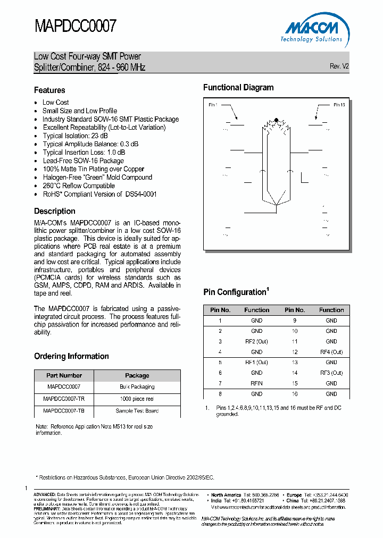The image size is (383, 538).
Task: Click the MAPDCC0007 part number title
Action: pos(75,26)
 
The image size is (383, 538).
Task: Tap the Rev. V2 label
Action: pos(339,66)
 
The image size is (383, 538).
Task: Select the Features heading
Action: pos(49,90)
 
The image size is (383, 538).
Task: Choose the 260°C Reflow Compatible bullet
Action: pos(79,186)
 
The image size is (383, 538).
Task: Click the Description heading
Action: pos(55,211)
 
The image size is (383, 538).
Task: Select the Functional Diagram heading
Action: pos(238,88)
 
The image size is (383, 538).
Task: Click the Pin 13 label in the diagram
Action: pos(339,105)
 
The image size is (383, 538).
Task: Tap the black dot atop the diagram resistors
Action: pos(276,120)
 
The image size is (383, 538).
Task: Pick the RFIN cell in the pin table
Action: pos(256,383)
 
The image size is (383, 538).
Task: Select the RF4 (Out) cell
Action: pos(331,352)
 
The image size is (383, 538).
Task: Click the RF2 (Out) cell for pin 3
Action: pos(256,341)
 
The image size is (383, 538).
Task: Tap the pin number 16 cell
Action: pos(295,394)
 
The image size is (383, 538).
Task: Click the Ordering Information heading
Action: pos(71,356)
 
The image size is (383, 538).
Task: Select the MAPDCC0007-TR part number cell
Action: pos(63,399)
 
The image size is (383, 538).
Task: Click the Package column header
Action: pos(137,375)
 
